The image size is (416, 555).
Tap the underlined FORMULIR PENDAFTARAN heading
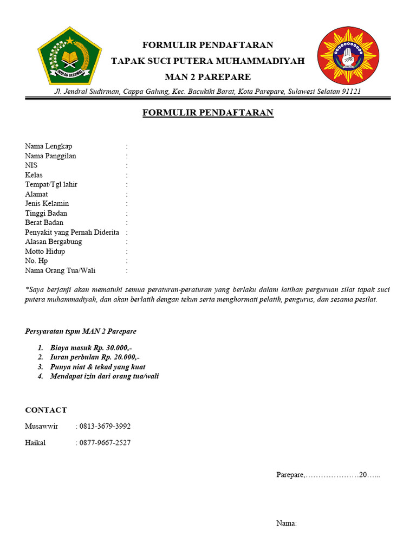tap(208, 113)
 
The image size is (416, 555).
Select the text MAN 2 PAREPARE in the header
tap(208, 77)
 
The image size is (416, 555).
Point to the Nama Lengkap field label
tap(48, 146)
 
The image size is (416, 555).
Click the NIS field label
tap(31, 165)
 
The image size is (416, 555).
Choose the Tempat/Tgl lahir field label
tap(51, 184)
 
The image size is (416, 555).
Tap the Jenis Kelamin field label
tap(47, 203)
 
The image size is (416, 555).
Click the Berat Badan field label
tap(44, 222)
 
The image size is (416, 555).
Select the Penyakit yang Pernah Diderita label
tap(72, 232)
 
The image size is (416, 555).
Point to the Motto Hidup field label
tap(45, 251)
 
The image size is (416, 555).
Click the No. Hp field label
tap(36, 261)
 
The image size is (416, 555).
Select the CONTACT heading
tap(46, 410)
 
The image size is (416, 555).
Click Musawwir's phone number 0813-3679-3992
tap(105, 426)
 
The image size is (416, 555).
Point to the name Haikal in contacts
tap(35, 443)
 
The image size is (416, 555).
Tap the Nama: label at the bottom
tap(287, 523)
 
